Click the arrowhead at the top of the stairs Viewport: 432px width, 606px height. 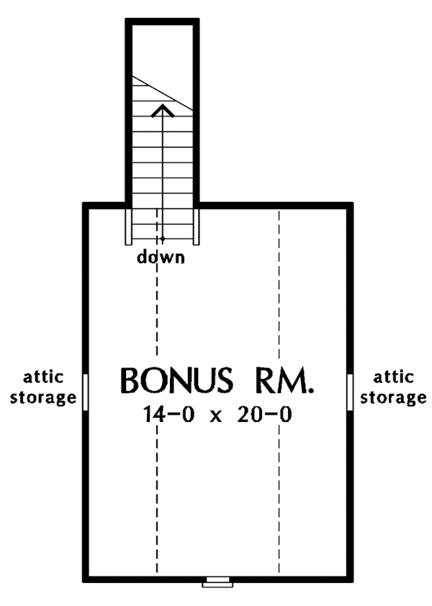tap(163, 110)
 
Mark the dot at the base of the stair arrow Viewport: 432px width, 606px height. tap(163, 238)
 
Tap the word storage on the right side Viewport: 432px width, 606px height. tap(392, 397)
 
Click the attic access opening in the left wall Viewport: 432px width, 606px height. tap(86, 391)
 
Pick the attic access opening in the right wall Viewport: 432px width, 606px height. tap(350, 391)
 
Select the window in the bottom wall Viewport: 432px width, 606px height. tap(217, 582)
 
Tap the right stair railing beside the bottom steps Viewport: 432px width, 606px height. tap(195, 226)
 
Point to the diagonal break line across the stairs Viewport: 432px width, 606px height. tap(163, 93)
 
